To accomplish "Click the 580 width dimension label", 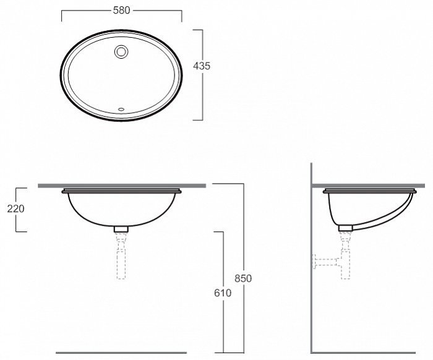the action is coord(121,11).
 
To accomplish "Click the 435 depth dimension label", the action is coord(202,66).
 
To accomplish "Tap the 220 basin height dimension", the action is coord(15,208).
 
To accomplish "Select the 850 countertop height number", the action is coord(243,278).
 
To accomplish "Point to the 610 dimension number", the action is coord(223,293).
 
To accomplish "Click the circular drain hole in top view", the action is coord(121,51).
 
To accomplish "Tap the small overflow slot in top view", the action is coord(121,109).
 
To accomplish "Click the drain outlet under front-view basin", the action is coord(121,229).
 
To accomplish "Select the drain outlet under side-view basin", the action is coord(345,228).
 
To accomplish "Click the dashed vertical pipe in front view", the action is coord(121,255).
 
